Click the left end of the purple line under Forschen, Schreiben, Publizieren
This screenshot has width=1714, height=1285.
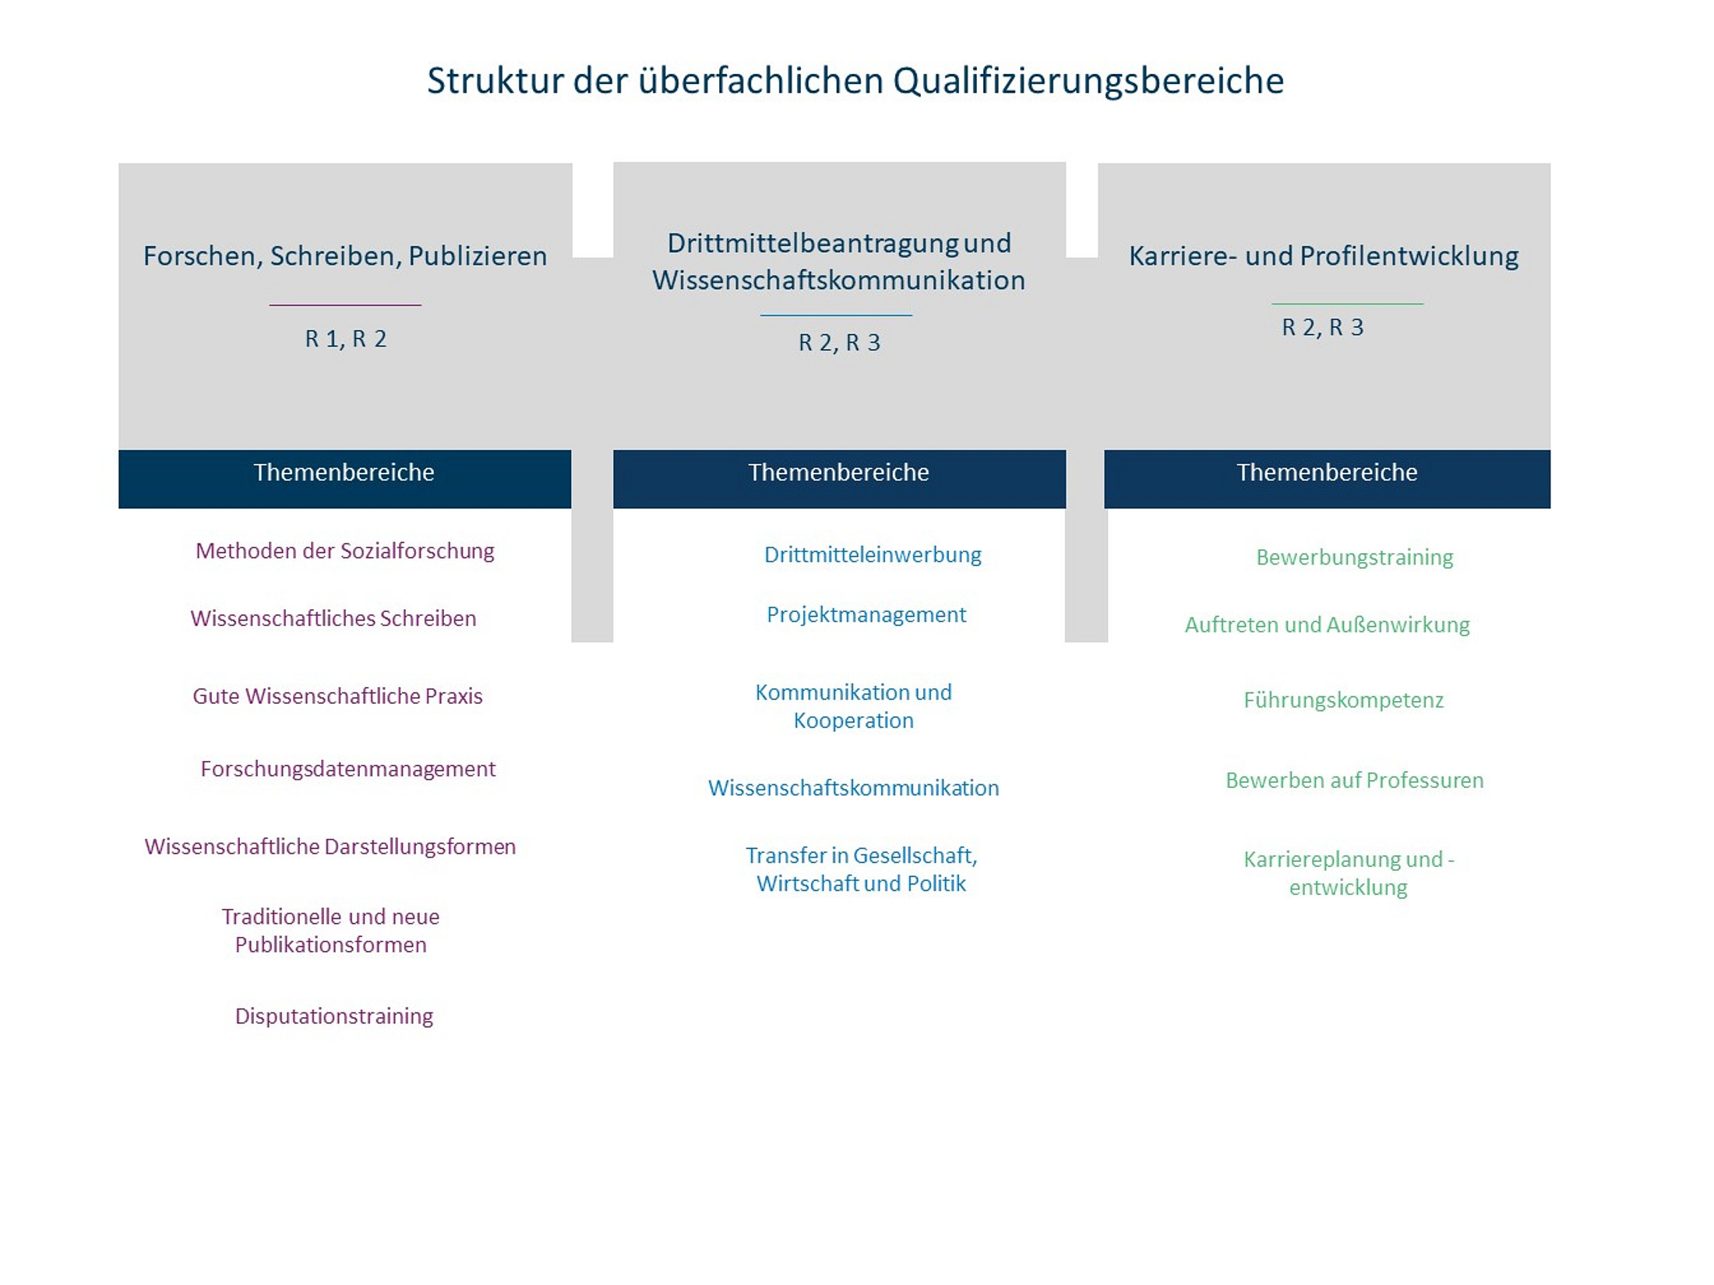coord(270,305)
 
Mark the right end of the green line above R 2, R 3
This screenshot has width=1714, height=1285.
coord(1423,304)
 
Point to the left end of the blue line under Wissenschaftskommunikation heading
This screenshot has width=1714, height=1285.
coord(760,315)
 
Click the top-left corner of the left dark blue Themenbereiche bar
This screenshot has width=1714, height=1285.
coord(118,450)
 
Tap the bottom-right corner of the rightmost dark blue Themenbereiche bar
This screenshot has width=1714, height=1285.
coord(1550,509)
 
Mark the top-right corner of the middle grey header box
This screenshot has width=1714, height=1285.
coord(1066,162)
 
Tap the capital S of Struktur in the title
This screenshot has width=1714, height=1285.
coord(436,81)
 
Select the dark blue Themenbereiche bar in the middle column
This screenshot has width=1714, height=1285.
coord(839,479)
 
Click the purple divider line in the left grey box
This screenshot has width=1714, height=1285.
coord(345,305)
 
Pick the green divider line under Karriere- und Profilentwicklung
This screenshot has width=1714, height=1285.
coord(1347,304)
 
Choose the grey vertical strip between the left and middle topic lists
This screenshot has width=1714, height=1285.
coord(592,575)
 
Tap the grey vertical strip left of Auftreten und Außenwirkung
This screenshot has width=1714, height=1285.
coord(1086,575)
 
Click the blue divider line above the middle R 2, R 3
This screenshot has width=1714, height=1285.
coord(836,315)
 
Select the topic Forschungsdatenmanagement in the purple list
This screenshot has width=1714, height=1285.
coord(347,769)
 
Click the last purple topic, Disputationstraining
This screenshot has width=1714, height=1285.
coord(334,1016)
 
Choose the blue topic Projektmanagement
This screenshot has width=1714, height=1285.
coord(866,615)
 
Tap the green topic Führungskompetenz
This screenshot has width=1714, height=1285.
coord(1344,701)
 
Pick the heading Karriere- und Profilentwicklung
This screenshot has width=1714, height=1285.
coord(1324,256)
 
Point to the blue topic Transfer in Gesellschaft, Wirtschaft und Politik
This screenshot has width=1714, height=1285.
coord(862,869)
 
